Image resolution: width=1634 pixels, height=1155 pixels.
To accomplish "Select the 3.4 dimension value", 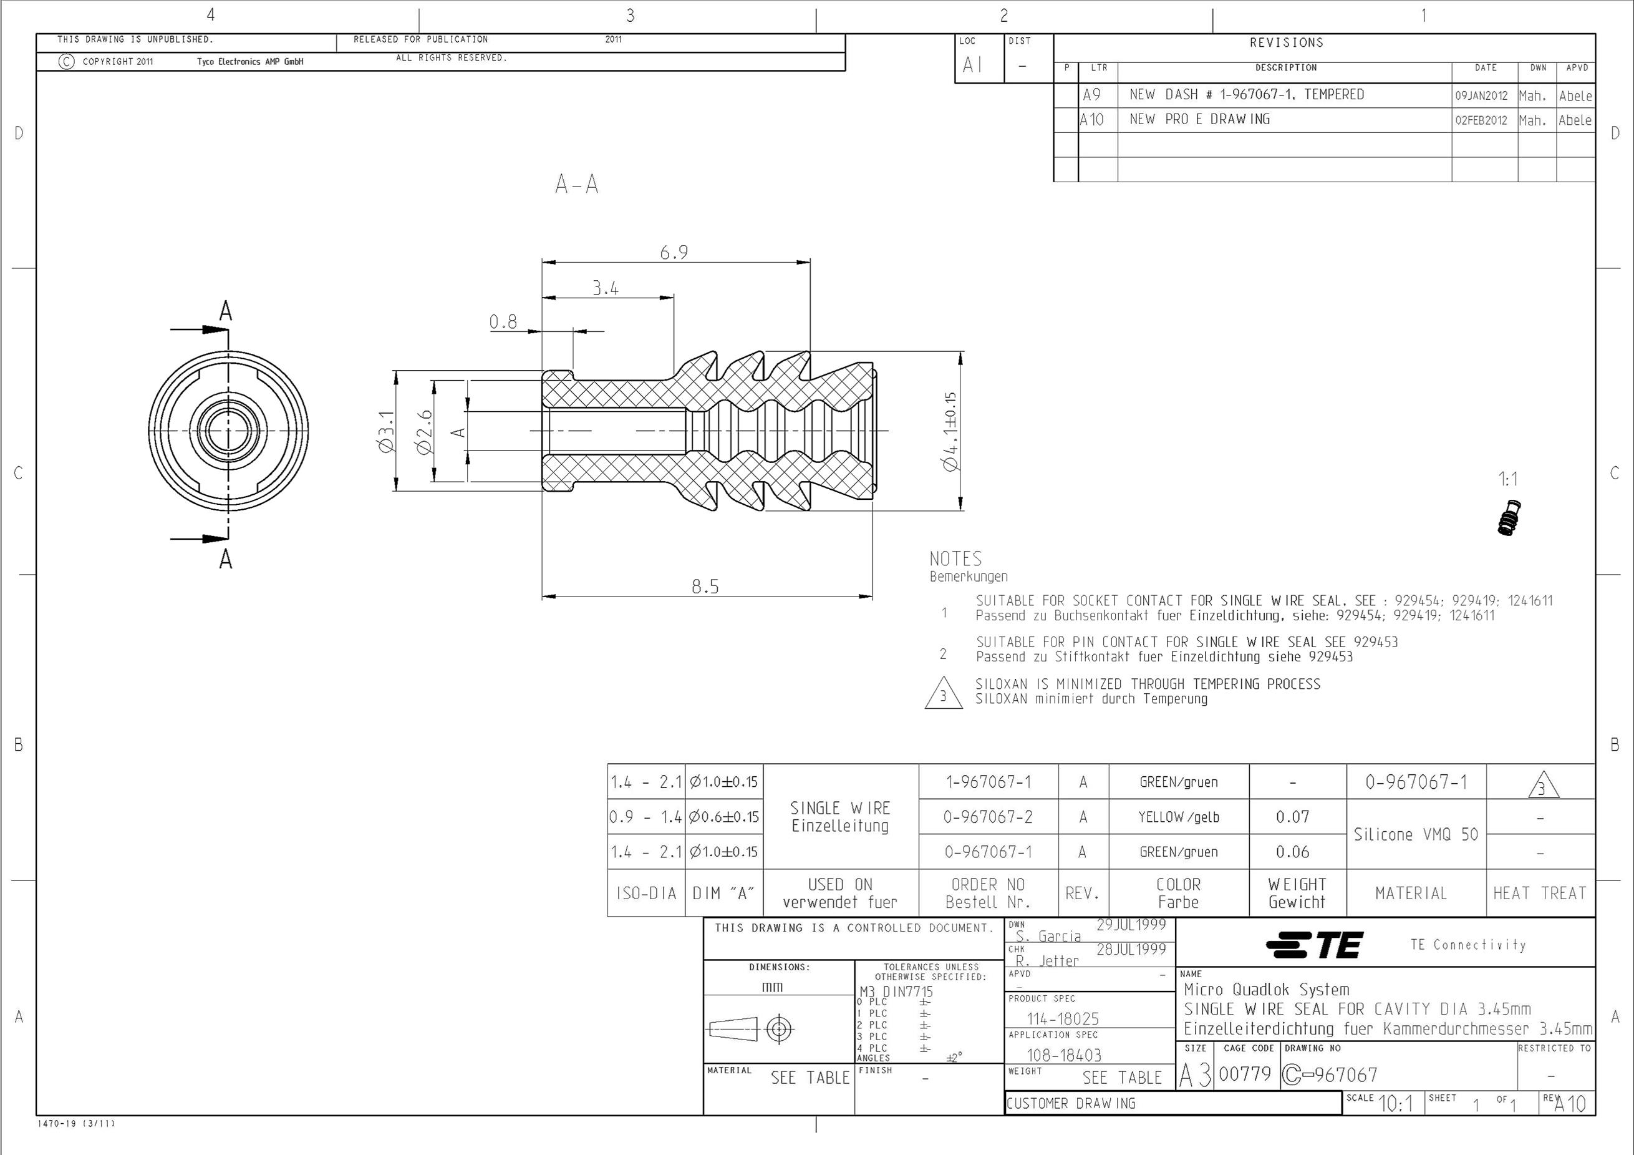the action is (606, 288).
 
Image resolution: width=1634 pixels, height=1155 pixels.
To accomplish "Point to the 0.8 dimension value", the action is (503, 322).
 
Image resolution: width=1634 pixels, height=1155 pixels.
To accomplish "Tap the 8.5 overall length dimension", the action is (705, 587).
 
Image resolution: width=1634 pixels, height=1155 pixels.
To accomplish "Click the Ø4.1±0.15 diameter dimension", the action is (949, 432).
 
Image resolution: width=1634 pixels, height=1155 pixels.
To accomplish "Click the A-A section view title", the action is (576, 185).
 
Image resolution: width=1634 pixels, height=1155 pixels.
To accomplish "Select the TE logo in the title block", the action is (1315, 945).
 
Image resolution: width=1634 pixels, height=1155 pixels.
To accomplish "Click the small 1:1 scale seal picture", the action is (1509, 518).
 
